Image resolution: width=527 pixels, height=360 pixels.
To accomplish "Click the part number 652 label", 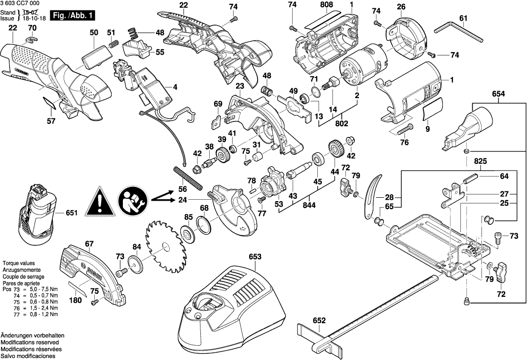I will [x=320, y=321].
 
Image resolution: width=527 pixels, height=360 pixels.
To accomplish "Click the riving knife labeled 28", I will [x=371, y=197].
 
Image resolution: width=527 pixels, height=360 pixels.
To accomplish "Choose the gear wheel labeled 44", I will [x=336, y=149].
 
